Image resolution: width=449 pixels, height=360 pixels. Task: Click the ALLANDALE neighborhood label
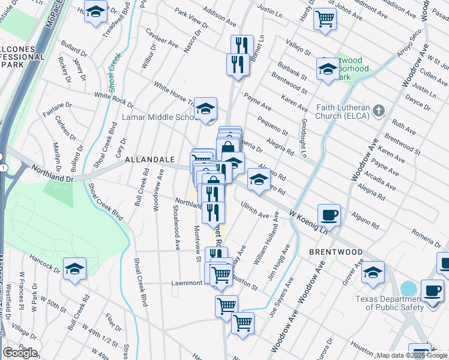(x=149, y=160)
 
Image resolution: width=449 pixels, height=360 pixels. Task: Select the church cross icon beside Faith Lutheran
(x=378, y=111)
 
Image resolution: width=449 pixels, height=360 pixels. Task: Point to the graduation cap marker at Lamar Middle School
(x=205, y=109)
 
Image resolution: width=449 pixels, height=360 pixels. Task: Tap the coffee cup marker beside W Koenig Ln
(x=329, y=214)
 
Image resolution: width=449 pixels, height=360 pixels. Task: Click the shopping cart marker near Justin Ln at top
(x=325, y=19)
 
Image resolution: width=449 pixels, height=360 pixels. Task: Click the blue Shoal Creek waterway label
(x=113, y=69)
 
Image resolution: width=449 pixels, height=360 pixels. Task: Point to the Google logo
(x=20, y=353)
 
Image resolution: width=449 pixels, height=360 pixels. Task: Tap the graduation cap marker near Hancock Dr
(x=74, y=268)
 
